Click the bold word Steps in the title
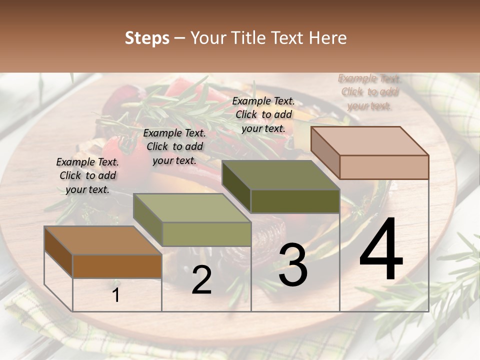(147, 38)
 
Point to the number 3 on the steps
(292, 265)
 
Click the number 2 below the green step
(201, 280)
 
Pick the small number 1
(116, 295)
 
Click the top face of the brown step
(102, 240)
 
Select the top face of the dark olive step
(280, 175)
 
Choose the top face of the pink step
(369, 140)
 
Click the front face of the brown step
(117, 266)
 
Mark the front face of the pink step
(384, 167)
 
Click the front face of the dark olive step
(295, 201)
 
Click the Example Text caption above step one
(87, 175)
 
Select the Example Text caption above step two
(174, 146)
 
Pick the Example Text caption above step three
(263, 114)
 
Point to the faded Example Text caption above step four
(369, 92)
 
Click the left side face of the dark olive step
(236, 186)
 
